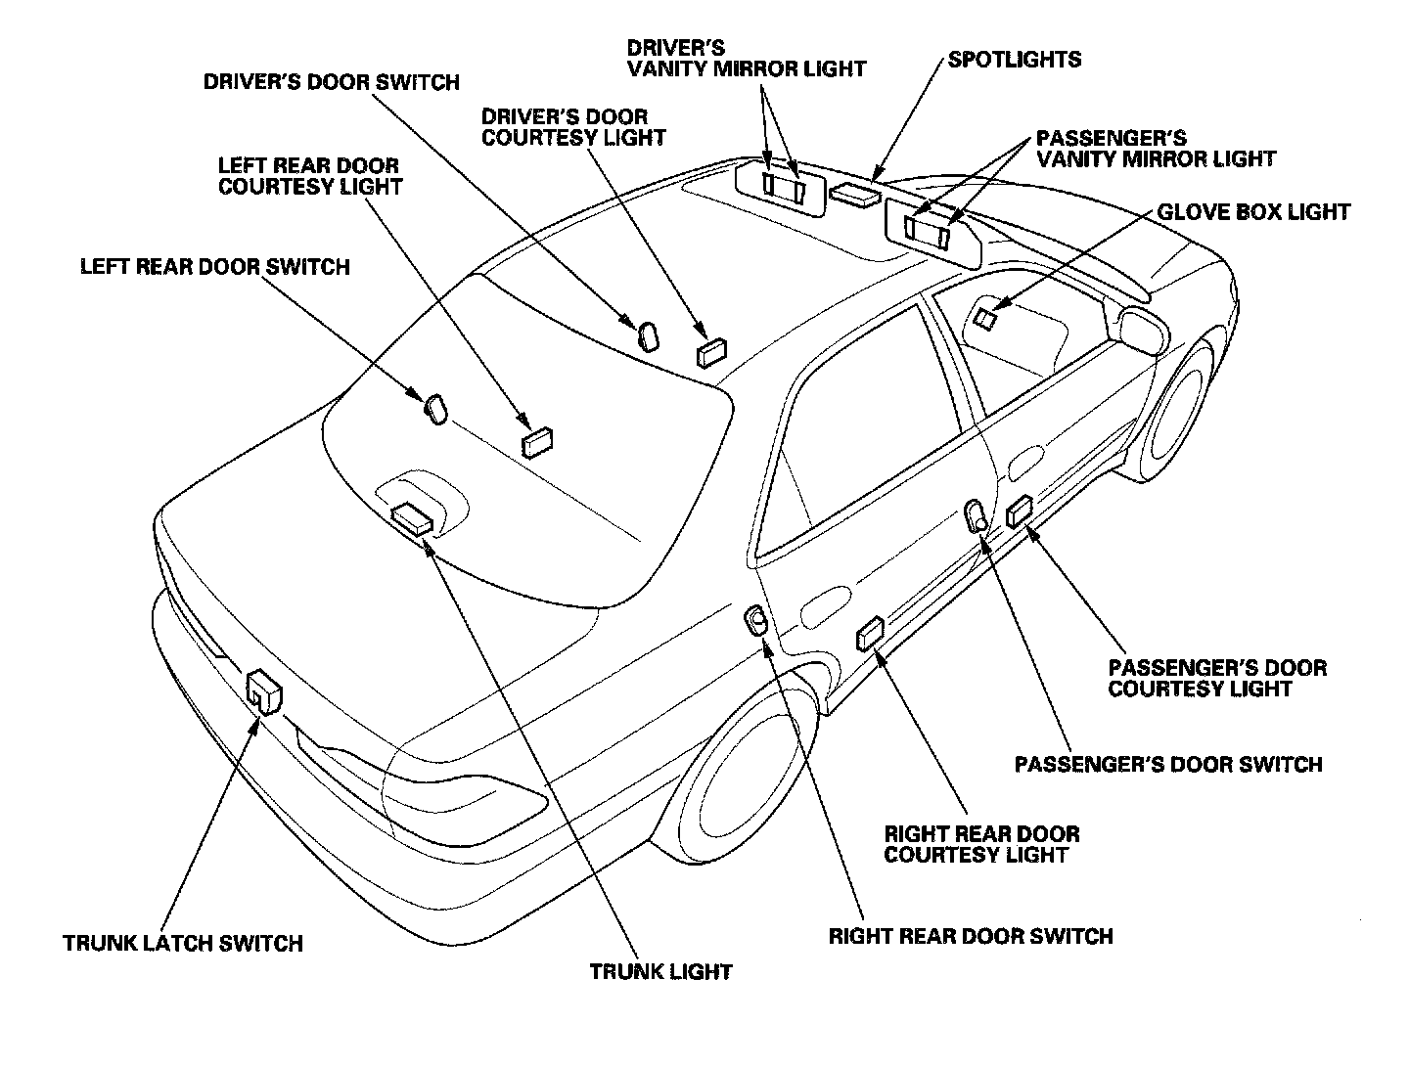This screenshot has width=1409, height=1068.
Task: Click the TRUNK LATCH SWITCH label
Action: [x=183, y=944]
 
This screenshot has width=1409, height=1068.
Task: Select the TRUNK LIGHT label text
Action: [x=661, y=972]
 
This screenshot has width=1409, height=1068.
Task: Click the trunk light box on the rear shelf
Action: [x=412, y=517]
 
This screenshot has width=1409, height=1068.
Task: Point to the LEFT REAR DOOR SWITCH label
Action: [x=214, y=267]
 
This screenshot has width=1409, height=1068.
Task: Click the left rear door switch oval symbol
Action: [x=435, y=408]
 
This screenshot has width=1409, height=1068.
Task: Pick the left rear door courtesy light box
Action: [x=537, y=441]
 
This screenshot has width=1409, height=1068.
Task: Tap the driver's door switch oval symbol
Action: [x=648, y=335]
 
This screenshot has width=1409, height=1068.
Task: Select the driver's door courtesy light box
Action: [x=712, y=350]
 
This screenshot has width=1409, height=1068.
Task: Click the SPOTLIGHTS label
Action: [x=1015, y=60]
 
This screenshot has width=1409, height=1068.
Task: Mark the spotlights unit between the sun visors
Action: [x=854, y=194]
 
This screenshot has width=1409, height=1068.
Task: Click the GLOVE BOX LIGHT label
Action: [x=1253, y=212]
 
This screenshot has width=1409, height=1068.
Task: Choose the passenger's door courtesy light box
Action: [x=1020, y=510]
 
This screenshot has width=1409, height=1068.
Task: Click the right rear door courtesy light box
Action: [x=870, y=634]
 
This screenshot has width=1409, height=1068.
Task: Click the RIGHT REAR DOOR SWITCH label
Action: [x=971, y=937]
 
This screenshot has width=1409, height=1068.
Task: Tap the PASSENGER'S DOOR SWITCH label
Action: [x=1168, y=765]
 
